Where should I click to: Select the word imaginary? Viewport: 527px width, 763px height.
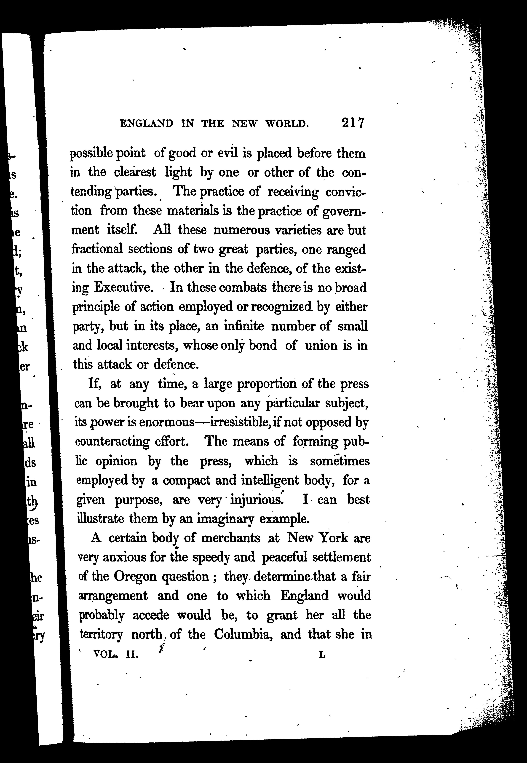click(x=225, y=519)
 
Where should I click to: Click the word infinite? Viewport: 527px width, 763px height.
click(x=244, y=326)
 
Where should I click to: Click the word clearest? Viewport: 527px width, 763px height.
click(x=135, y=172)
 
